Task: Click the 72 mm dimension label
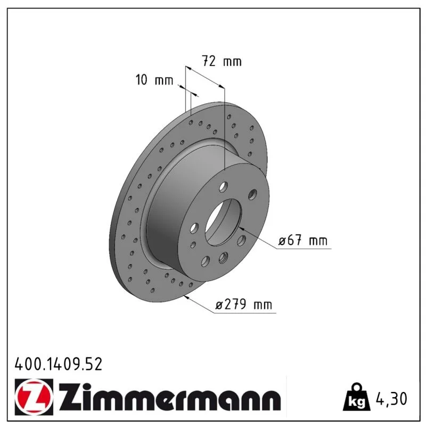222,61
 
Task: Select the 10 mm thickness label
154,80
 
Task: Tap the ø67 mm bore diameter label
303,240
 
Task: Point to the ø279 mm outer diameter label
244,304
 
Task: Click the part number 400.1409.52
59,364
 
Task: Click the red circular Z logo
33,396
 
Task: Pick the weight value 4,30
391,399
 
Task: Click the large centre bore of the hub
223,222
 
